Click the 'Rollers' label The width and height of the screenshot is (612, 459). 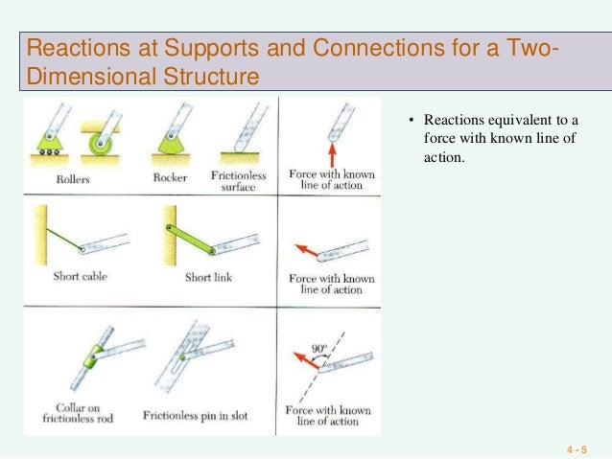coord(59,176)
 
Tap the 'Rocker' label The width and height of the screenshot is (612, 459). coord(168,176)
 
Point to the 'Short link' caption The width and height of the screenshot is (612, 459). coord(208,278)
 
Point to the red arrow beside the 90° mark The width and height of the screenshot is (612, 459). coord(307,361)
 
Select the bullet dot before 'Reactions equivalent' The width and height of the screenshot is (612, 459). coord(411,121)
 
